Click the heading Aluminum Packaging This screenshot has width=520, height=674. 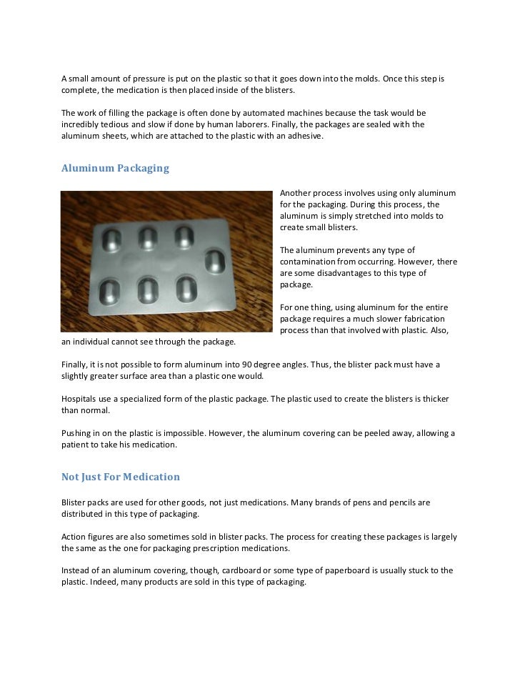[115, 169]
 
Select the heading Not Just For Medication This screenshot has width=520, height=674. [120, 477]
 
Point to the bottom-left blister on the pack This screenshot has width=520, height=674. [109, 288]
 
